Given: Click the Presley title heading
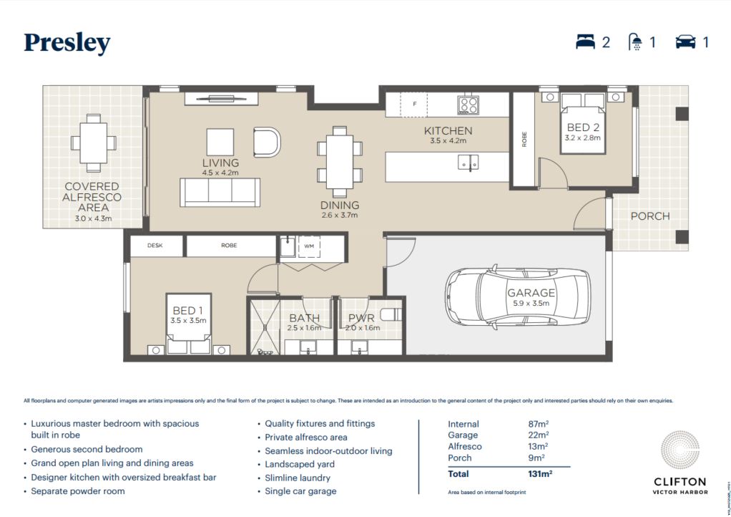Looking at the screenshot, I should pos(67,43).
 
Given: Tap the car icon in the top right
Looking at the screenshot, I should pos(685,42).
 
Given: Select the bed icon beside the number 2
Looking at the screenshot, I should pos(585,42).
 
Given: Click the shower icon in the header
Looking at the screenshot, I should pos(634,42).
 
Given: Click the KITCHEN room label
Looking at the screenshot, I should pos(448,131).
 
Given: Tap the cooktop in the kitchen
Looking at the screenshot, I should pos(468,105).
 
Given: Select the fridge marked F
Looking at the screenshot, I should pos(413,105).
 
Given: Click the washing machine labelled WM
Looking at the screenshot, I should pos(309,246).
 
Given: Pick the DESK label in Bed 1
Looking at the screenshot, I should pos(155,245).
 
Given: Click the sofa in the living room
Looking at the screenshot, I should pos(220,192).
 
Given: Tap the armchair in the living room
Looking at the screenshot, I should pos(267,141).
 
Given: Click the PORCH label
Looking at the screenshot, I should pos(649,216).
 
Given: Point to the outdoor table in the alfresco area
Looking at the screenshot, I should pos(94,142).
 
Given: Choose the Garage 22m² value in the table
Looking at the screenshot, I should pos(538,435).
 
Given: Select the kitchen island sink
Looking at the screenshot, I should pos(469,163).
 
